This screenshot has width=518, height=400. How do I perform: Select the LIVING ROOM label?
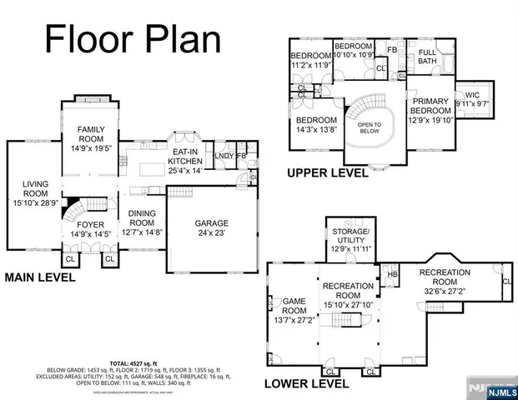click(x=34, y=191)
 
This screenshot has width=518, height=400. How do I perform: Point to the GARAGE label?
click(x=211, y=228)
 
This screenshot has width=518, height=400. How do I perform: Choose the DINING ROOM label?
click(x=142, y=218)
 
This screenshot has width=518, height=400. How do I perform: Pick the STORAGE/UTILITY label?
click(x=350, y=237)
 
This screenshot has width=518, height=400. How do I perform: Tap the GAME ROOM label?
click(x=294, y=305)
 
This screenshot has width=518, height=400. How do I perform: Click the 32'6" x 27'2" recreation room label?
click(x=444, y=282)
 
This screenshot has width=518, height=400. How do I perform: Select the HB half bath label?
click(x=393, y=274)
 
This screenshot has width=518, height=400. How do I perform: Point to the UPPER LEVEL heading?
click(x=327, y=173)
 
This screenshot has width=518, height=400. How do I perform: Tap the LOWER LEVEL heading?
click(x=306, y=383)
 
